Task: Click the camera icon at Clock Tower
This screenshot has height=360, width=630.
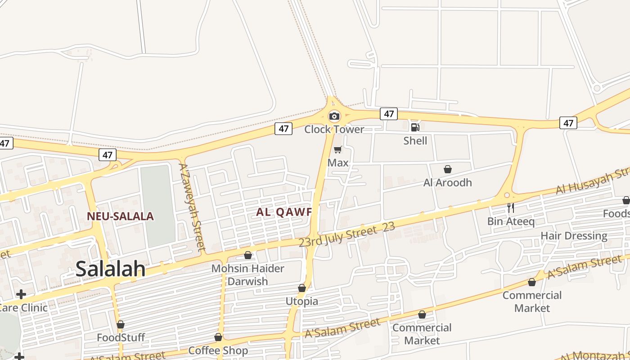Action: pyautogui.click(x=334, y=117)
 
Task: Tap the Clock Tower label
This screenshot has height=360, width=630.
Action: pyautogui.click(x=334, y=130)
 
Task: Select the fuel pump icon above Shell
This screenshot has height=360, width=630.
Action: pyautogui.click(x=415, y=127)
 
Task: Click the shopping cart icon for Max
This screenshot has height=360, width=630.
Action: pyautogui.click(x=337, y=150)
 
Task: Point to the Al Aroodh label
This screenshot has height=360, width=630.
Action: pyautogui.click(x=447, y=183)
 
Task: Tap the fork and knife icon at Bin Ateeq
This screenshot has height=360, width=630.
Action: pyautogui.click(x=510, y=208)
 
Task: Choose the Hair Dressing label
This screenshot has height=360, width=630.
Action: pyautogui.click(x=574, y=236)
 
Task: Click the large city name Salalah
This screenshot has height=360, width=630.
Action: pyautogui.click(x=110, y=269)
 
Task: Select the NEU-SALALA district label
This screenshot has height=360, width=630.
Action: pyautogui.click(x=120, y=216)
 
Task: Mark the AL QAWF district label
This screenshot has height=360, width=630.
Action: pyautogui.click(x=284, y=212)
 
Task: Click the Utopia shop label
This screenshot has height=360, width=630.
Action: pyautogui.click(x=302, y=301)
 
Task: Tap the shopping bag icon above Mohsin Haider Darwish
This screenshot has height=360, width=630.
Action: pyautogui.click(x=247, y=256)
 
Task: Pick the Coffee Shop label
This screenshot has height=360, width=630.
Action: pyautogui.click(x=218, y=351)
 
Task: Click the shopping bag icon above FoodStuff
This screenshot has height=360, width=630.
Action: pyautogui.click(x=120, y=324)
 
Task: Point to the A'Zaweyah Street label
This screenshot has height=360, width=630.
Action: pyautogui.click(x=192, y=207)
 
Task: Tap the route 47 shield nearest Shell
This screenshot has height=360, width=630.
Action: pyautogui.click(x=389, y=114)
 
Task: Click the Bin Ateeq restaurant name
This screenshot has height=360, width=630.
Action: pyautogui.click(x=511, y=221)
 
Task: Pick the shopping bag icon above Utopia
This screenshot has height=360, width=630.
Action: pyautogui.click(x=302, y=288)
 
